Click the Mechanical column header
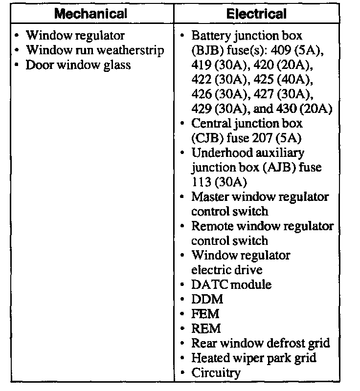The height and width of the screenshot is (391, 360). pyautogui.click(x=91, y=13)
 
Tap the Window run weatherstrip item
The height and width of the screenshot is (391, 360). pyautogui.click(x=95, y=50)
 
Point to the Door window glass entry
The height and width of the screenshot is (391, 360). pyautogui.click(x=78, y=65)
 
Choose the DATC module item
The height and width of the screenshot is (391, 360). pyautogui.click(x=231, y=284)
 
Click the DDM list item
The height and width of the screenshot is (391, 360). pyautogui.click(x=207, y=299)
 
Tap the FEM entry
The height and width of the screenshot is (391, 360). pyautogui.click(x=205, y=314)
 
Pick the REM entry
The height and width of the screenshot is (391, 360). pyautogui.click(x=206, y=328)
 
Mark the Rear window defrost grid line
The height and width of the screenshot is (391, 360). pyautogui.click(x=260, y=343)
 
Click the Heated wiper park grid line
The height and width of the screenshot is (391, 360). pyautogui.click(x=253, y=358)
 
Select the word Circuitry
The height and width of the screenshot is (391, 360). pyautogui.click(x=216, y=373)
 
